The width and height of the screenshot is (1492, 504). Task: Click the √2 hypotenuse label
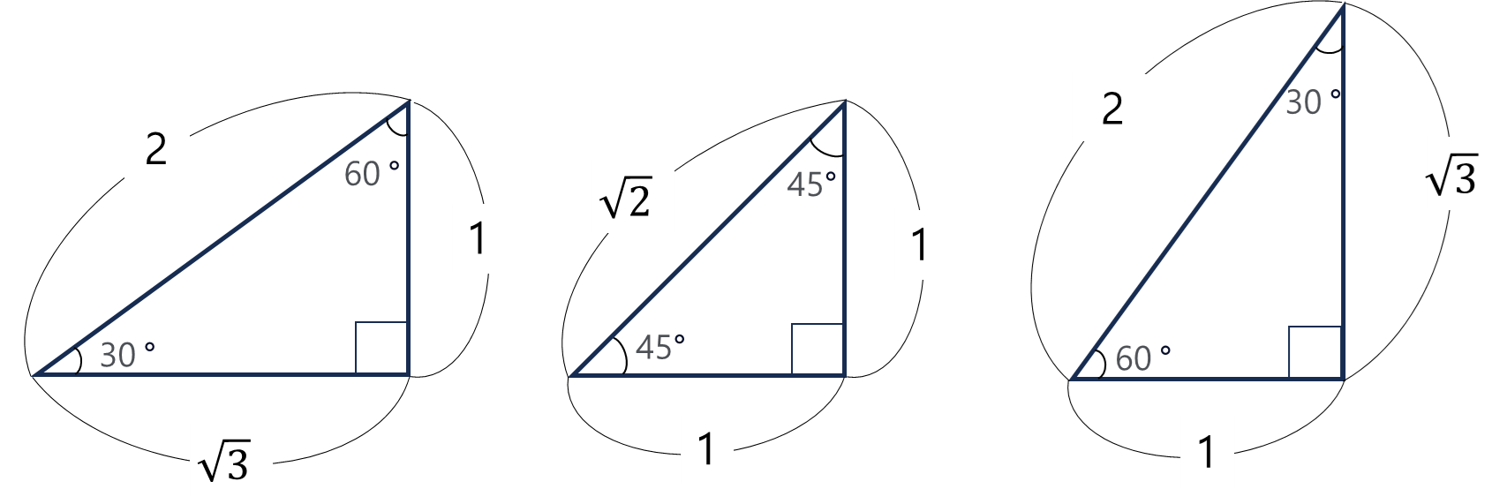point(632,197)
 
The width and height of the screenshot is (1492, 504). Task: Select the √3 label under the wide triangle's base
point(231,460)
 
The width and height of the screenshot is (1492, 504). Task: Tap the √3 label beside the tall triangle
point(1458,174)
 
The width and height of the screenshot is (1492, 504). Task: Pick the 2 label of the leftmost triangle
point(157,147)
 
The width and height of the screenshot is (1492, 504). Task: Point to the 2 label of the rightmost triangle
point(1112,108)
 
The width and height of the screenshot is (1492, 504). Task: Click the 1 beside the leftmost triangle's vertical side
point(478,238)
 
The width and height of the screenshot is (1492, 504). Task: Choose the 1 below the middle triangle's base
point(706,448)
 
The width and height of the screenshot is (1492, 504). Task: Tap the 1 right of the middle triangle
point(920,244)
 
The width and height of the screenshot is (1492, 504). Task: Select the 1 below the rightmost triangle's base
point(1207,452)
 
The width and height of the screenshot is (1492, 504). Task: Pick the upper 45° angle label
point(810,184)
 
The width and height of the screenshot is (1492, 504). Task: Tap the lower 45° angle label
point(659,347)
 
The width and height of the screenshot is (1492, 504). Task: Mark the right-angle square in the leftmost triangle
point(381,348)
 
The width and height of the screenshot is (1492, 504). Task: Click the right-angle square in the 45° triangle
point(818,350)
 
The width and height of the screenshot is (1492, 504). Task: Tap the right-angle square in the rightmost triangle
point(1315,352)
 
